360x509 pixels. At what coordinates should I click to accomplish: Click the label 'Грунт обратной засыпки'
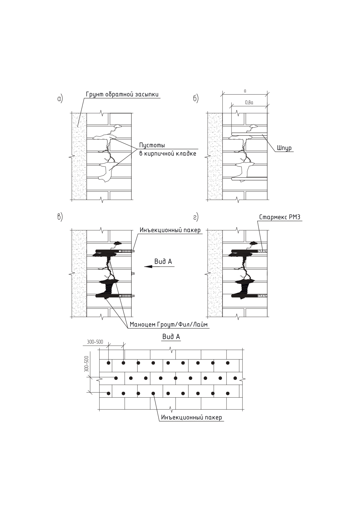(x=122, y=95)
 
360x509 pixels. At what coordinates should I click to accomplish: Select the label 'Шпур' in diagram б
(x=284, y=148)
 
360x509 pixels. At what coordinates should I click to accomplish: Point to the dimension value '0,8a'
(x=249, y=102)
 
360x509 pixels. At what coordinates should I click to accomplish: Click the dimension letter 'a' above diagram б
(x=245, y=91)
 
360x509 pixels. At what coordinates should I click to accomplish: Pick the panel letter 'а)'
(x=60, y=99)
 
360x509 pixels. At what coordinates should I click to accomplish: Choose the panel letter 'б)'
(x=196, y=99)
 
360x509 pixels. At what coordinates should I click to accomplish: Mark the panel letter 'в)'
(x=60, y=217)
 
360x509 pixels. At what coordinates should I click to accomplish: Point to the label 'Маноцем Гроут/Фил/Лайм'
(x=169, y=324)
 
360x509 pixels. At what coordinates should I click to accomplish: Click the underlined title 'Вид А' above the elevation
(x=171, y=337)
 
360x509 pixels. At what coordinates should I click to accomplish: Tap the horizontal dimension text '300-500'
(x=95, y=342)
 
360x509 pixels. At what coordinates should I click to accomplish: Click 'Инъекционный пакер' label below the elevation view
(x=191, y=418)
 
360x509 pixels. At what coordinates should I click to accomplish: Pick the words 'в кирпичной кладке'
(x=168, y=154)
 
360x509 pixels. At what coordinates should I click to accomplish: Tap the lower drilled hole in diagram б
(x=249, y=179)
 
